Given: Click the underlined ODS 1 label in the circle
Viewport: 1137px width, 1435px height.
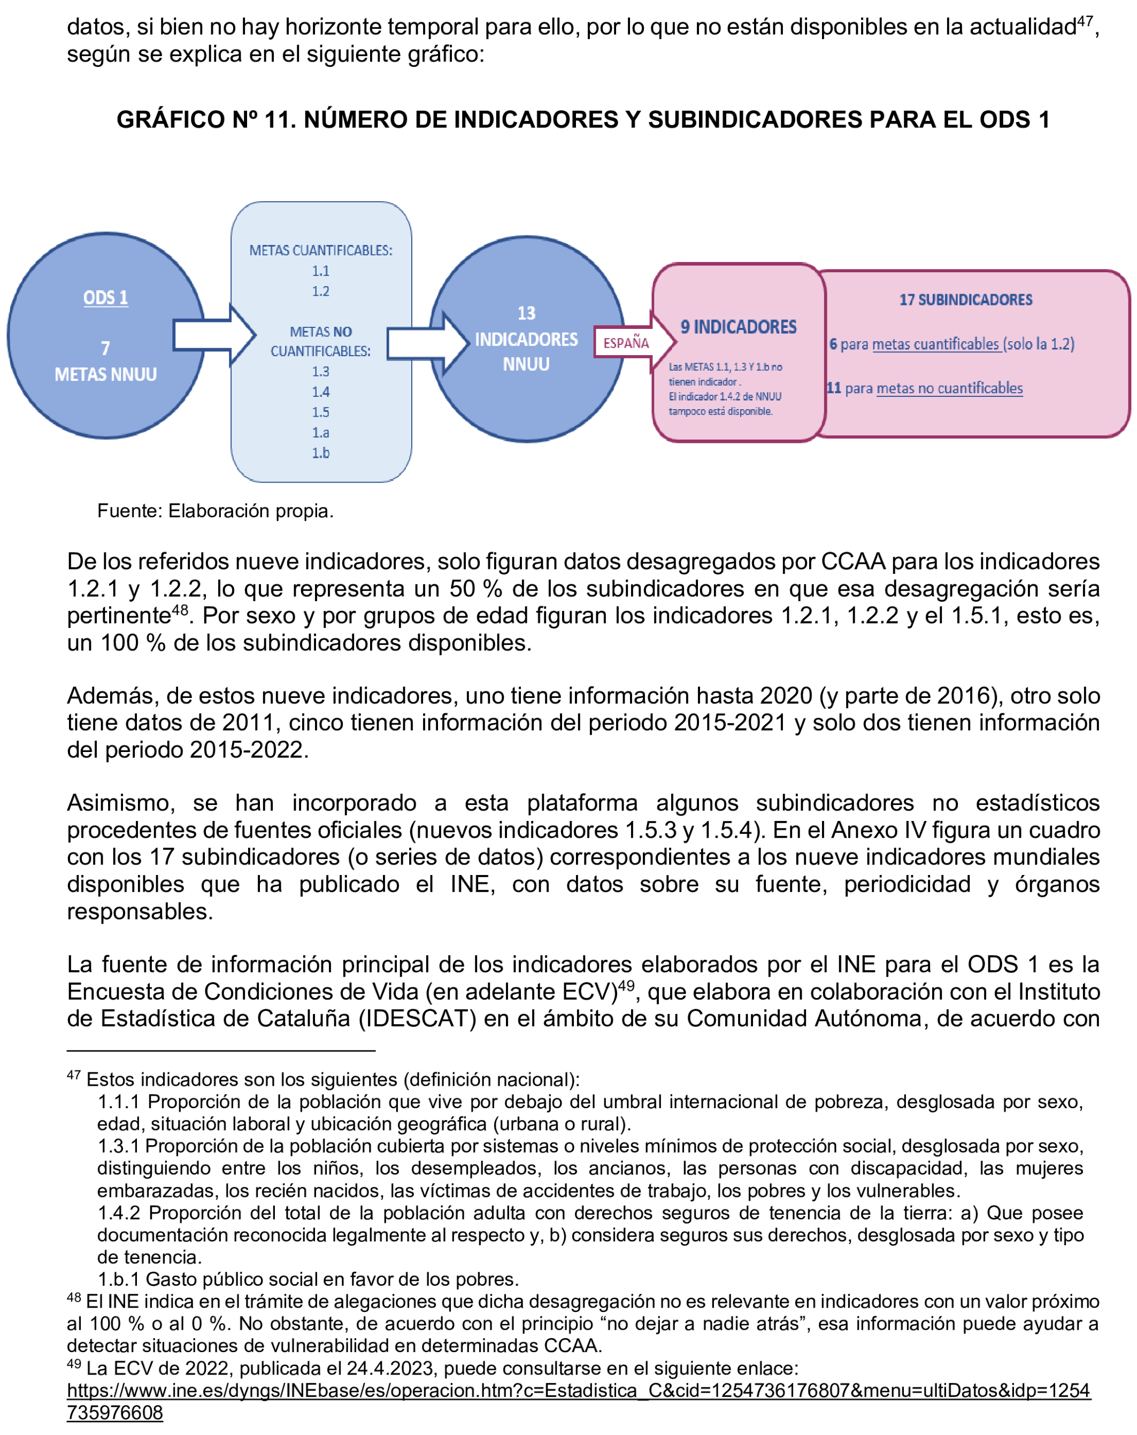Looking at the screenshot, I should (105, 297).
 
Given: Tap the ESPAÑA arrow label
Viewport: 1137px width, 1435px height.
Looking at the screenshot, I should (626, 343).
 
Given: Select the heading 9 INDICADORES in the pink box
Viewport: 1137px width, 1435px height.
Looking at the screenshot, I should (738, 327).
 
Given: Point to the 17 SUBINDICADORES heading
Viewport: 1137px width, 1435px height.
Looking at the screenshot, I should (965, 300).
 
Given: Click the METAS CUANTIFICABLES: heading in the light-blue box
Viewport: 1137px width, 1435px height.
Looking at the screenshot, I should (321, 250).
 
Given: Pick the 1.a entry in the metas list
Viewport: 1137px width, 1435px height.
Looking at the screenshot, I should (321, 433).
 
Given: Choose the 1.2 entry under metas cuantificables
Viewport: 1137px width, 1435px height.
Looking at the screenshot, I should (321, 291).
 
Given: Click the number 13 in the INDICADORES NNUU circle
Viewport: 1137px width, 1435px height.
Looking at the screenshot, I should (526, 313).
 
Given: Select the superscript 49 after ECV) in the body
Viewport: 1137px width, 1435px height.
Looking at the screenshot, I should (626, 985).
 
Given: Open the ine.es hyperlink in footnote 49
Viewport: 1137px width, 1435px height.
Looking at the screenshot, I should (578, 1391).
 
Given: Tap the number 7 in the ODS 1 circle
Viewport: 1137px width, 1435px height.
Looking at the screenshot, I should (105, 348).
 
